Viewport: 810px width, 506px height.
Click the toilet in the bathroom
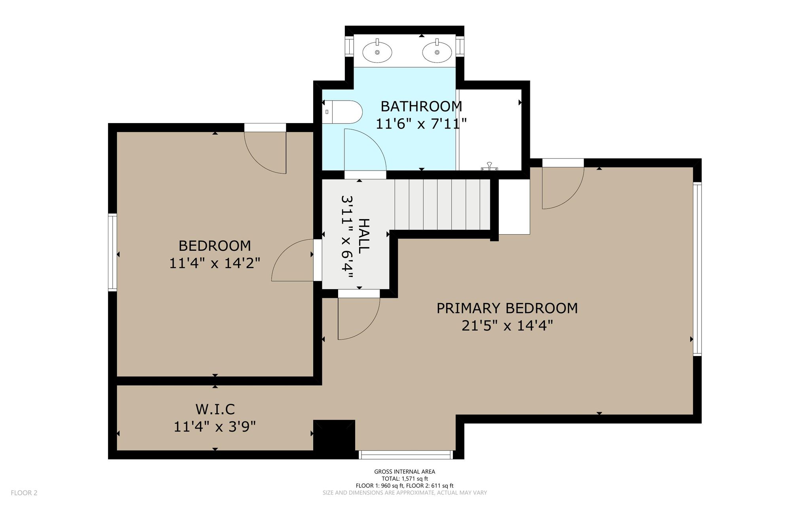[x=343, y=112]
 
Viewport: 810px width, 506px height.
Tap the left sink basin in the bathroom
[x=377, y=52]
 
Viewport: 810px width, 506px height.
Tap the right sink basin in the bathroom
[x=437, y=52]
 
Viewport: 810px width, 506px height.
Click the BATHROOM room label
[x=421, y=106]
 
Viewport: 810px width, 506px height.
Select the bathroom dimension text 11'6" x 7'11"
[x=421, y=124]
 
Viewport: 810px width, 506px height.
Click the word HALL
[x=364, y=236]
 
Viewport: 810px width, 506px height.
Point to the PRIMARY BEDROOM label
[x=507, y=308]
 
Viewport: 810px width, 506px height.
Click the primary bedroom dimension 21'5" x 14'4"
[x=507, y=326]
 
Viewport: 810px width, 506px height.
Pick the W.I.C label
[x=215, y=409]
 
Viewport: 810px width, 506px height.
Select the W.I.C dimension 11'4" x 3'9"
[x=215, y=426]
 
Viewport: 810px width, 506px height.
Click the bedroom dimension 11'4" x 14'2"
[x=215, y=263]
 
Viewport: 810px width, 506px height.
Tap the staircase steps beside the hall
[x=443, y=205]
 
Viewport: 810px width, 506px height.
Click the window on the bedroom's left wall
[x=113, y=252]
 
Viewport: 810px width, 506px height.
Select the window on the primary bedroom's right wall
[x=697, y=269]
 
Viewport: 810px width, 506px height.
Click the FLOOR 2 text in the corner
[x=24, y=493]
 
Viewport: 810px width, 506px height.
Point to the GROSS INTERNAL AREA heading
[x=405, y=471]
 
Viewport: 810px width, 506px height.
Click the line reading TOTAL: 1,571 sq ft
[x=405, y=478]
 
